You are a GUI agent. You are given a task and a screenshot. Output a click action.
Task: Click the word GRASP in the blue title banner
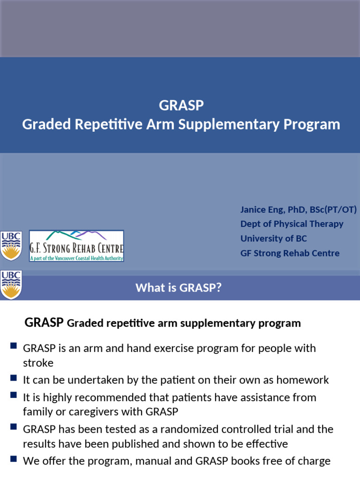pos(181,105)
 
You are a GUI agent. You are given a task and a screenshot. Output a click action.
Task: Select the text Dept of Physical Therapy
pos(292,224)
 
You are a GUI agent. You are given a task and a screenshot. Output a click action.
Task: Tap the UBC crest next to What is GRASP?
pos(11,285)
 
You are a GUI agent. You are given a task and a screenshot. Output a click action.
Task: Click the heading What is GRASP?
pos(178,287)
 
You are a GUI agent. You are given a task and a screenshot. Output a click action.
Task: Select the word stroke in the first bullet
pos(38,363)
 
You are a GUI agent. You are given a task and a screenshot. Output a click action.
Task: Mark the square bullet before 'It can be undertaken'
pos(13,378)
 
